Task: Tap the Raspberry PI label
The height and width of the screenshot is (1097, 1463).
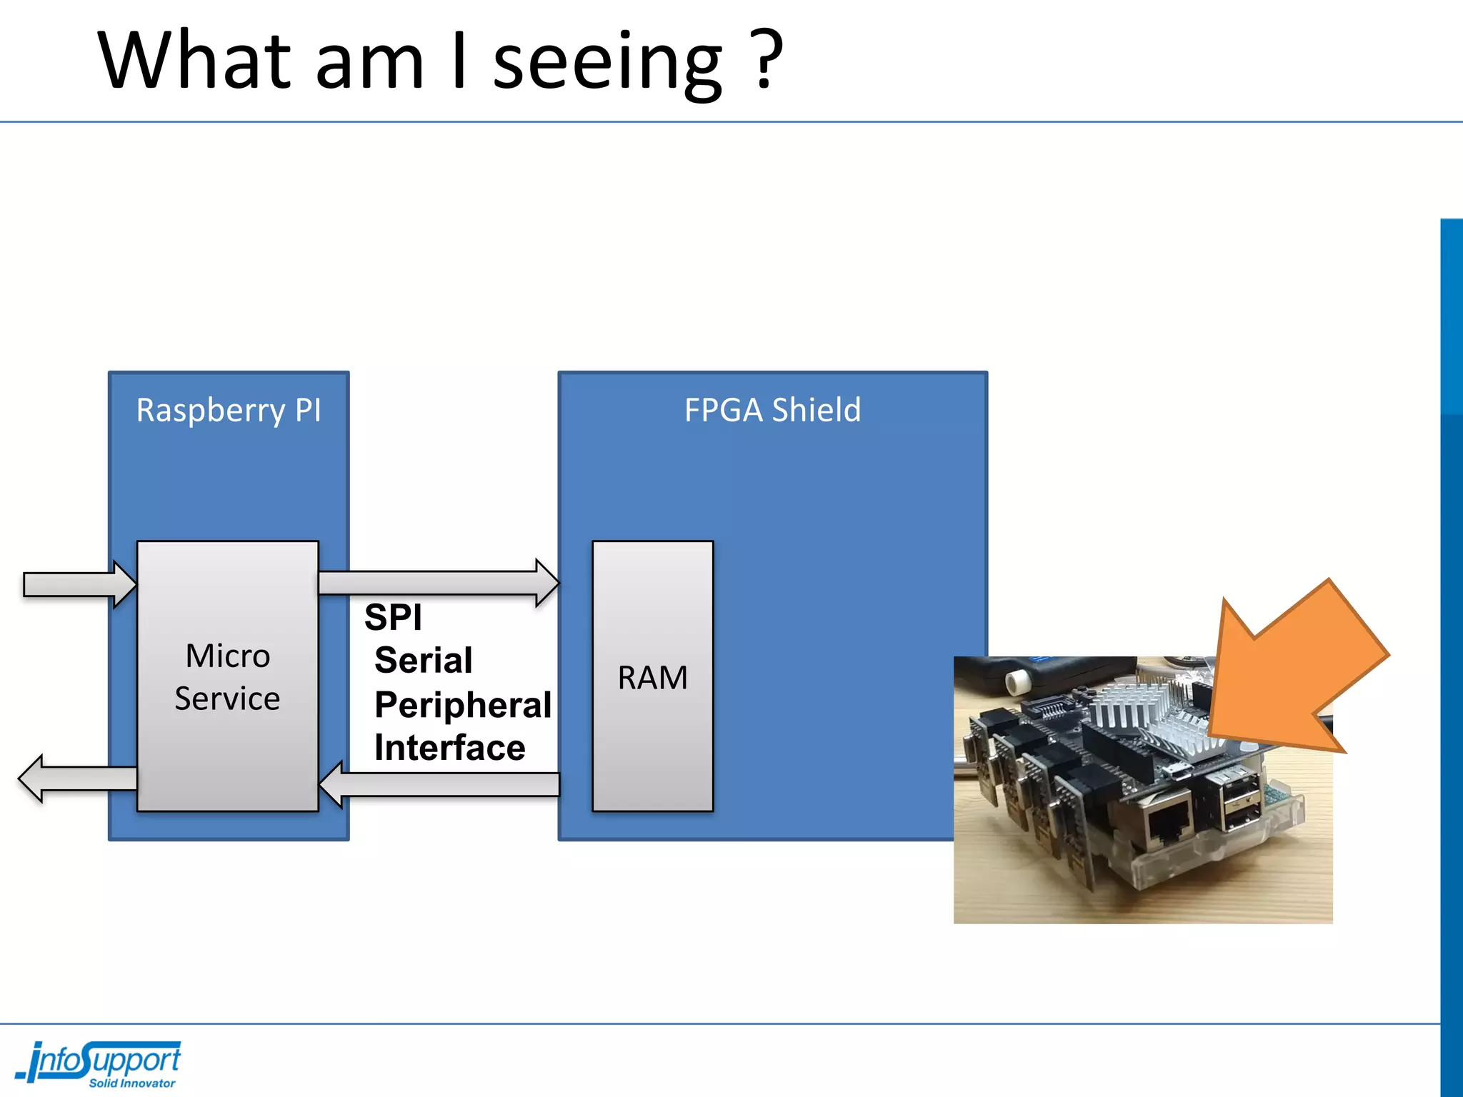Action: point(229,411)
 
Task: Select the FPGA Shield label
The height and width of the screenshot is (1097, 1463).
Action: point(772,411)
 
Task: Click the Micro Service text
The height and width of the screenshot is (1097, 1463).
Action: point(228,677)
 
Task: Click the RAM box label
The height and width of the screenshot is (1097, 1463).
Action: point(652,677)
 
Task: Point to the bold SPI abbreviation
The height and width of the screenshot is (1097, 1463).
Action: point(393,617)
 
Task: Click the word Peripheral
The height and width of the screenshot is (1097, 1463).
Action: point(463,705)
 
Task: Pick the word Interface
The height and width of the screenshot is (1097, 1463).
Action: point(450,748)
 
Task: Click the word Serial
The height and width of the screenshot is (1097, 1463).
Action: point(424,660)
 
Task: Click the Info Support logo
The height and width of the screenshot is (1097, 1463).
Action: point(100,1061)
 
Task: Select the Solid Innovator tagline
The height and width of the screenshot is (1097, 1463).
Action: point(132,1083)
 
